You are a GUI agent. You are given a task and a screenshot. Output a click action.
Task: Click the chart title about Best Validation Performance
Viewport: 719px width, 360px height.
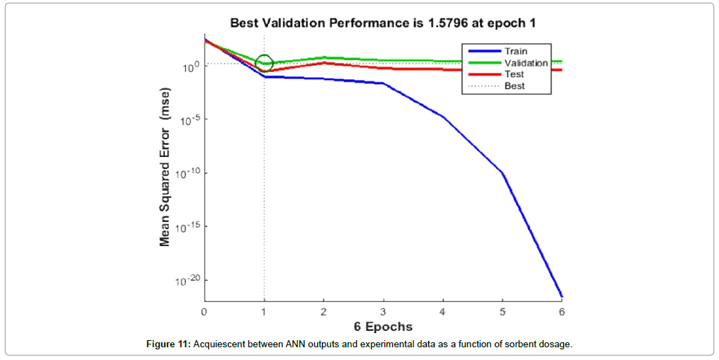pyautogui.click(x=382, y=23)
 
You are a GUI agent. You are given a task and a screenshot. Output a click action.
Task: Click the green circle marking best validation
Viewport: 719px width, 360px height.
pyautogui.click(x=264, y=62)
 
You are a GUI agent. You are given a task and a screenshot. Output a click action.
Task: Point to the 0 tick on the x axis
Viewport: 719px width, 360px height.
pyautogui.click(x=204, y=311)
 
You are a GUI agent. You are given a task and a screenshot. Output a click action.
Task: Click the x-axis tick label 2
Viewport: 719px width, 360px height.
pyautogui.click(x=323, y=311)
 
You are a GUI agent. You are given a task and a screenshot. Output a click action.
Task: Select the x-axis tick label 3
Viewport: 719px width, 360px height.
pyautogui.click(x=383, y=311)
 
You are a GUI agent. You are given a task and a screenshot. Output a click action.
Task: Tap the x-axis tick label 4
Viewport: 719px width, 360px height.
pyautogui.click(x=442, y=311)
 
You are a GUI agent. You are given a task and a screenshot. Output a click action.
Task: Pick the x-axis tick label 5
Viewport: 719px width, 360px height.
pyautogui.click(x=502, y=311)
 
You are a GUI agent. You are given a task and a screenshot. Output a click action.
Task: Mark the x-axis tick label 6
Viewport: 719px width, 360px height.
pyautogui.click(x=562, y=311)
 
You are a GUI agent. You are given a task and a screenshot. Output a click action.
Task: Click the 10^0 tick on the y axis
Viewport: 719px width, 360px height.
pyautogui.click(x=190, y=67)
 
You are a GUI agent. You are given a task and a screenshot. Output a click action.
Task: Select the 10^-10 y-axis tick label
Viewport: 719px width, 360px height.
pyautogui.click(x=186, y=174)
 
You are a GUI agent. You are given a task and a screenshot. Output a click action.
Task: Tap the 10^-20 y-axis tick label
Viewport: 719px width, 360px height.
pyautogui.click(x=186, y=280)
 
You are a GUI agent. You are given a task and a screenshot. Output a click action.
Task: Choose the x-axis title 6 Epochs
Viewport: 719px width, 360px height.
pyautogui.click(x=383, y=327)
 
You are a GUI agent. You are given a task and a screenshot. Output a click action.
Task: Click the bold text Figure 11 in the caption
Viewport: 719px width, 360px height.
pyautogui.click(x=168, y=344)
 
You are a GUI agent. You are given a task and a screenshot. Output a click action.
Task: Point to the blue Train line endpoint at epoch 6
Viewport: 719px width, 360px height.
pyautogui.click(x=562, y=297)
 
